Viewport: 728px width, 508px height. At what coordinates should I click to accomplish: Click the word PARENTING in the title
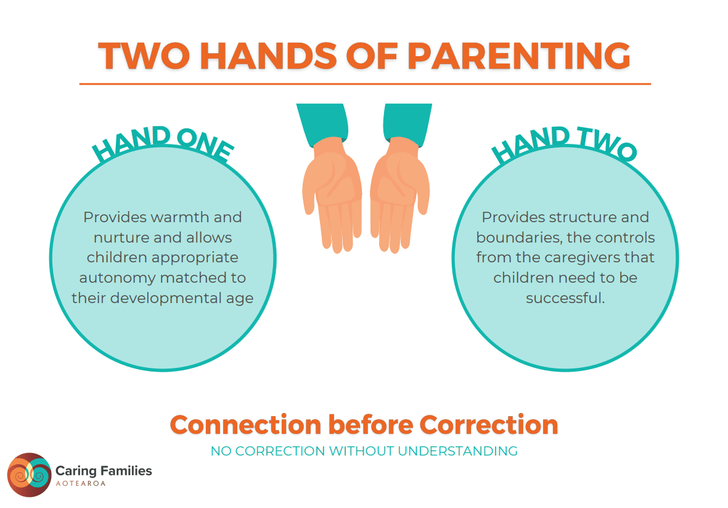tap(518, 56)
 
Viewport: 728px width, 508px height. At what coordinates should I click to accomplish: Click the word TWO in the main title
tap(144, 56)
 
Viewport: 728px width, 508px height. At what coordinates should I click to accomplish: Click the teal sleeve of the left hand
tap(324, 122)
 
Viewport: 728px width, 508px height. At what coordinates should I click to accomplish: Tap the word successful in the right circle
tap(565, 298)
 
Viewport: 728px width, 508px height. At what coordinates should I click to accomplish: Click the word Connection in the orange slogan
tap(245, 425)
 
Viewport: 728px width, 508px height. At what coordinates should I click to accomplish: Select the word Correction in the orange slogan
tap(488, 425)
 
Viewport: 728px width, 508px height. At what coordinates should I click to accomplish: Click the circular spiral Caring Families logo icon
tap(29, 475)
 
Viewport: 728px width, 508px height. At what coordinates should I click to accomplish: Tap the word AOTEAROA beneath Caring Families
tap(81, 483)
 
